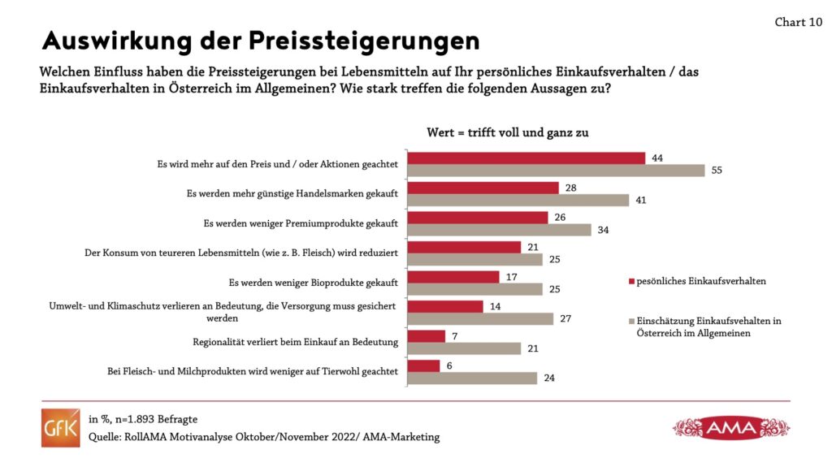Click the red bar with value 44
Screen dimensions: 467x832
[526, 158]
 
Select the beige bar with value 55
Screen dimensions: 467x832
[556, 170]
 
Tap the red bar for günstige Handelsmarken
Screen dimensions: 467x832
[483, 188]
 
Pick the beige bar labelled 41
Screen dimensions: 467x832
[518, 200]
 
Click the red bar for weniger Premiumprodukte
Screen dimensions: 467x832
[477, 218]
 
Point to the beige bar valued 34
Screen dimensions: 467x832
[499, 230]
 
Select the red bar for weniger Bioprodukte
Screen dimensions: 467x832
[453, 277]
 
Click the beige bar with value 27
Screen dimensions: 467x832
[480, 318]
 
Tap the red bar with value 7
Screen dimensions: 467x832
[426, 336]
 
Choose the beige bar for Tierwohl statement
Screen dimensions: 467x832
[472, 378]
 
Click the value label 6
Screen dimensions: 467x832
[450, 365]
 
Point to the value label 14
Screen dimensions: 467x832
[496, 306]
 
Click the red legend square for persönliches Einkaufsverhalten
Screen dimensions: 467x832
[630, 281]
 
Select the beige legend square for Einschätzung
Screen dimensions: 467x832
[630, 321]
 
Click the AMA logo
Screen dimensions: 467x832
[730, 427]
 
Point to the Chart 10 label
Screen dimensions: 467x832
[798, 22]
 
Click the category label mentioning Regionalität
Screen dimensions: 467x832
[295, 342]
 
